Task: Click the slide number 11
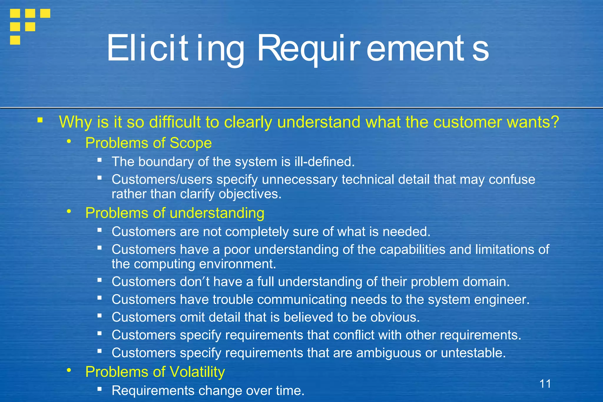point(545,384)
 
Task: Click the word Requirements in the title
point(372,49)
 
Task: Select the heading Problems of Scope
point(148,143)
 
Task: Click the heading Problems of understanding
point(175,213)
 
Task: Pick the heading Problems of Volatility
point(155,372)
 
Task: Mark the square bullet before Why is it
point(40,120)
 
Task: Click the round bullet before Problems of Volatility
point(69,370)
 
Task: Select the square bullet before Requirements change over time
point(100,389)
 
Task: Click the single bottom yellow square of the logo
point(15,40)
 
